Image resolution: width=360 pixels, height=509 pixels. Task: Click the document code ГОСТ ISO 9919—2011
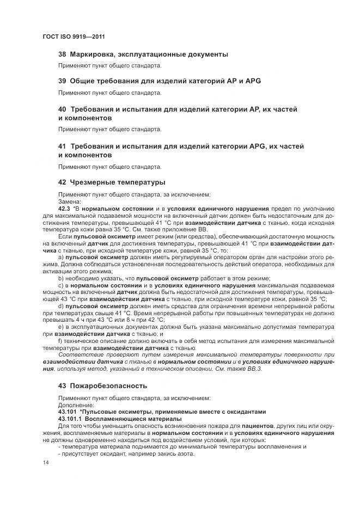73,36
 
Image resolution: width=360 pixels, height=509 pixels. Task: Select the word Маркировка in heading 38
94,54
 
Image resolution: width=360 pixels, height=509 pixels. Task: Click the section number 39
62,81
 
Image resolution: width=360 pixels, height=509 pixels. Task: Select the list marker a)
61,256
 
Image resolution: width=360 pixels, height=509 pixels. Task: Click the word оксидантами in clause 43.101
245,412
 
